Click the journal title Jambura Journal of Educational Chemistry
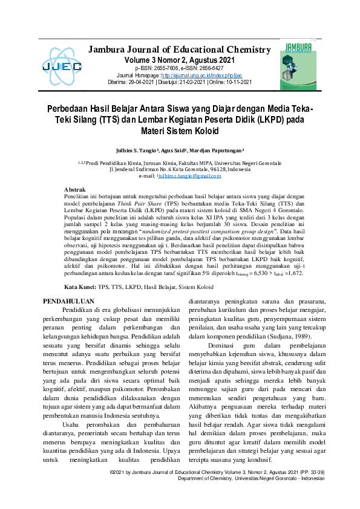click(x=180, y=50)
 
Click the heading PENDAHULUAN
click(x=70, y=300)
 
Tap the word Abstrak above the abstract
click(x=74, y=190)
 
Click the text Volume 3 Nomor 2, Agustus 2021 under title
click(x=180, y=60)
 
